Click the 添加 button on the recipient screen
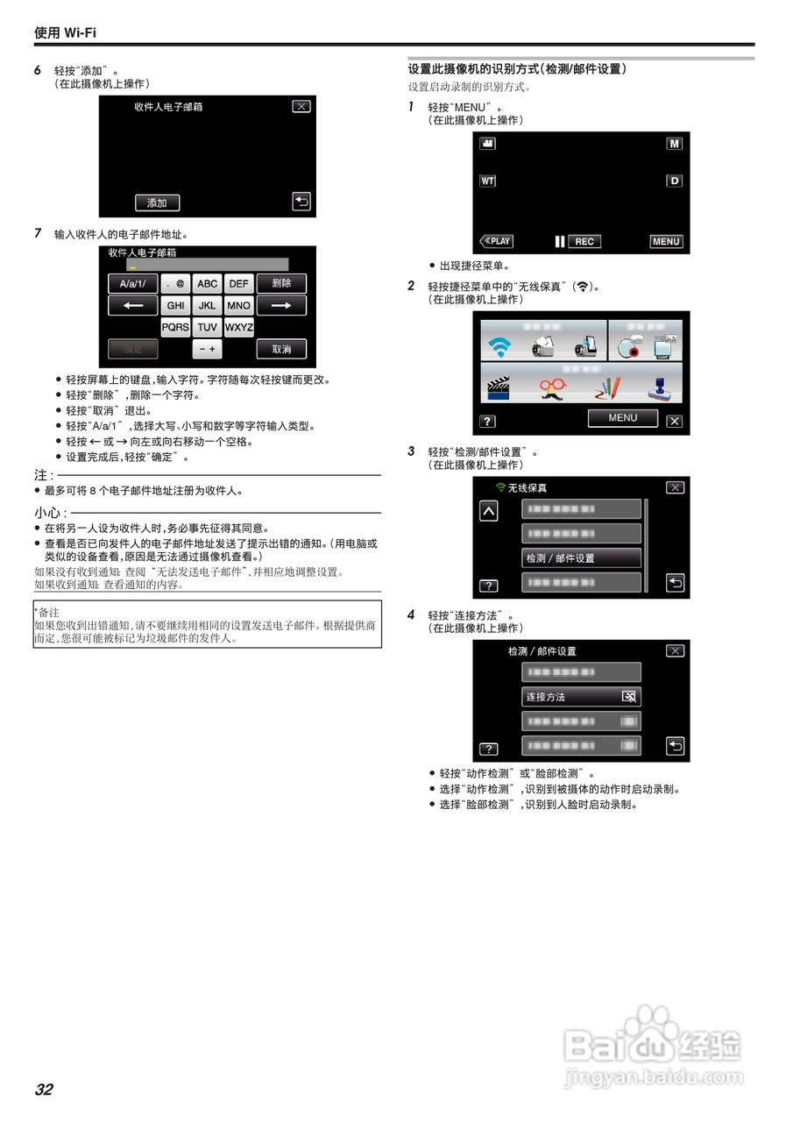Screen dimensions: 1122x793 (157, 202)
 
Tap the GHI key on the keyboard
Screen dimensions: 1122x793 (176, 306)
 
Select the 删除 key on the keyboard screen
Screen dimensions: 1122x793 (281, 283)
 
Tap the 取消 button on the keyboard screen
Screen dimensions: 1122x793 (281, 349)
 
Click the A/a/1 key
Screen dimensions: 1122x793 (133, 283)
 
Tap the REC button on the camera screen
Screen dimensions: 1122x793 (584, 242)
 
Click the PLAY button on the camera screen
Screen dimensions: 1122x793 (497, 241)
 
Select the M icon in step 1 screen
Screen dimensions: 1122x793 (674, 144)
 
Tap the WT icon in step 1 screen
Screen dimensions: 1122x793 (487, 181)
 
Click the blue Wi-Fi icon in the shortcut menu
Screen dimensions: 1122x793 (499, 347)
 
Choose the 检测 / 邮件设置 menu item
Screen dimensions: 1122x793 (581, 558)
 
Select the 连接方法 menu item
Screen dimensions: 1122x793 (581, 697)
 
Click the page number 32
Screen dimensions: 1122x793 (44, 1090)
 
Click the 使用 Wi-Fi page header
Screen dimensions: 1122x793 (66, 32)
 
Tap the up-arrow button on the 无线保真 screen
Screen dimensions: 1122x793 (488, 512)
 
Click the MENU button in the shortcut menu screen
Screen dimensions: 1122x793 (622, 418)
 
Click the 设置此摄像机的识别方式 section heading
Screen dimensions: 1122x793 (517, 68)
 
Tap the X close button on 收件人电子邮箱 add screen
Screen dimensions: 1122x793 (301, 106)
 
